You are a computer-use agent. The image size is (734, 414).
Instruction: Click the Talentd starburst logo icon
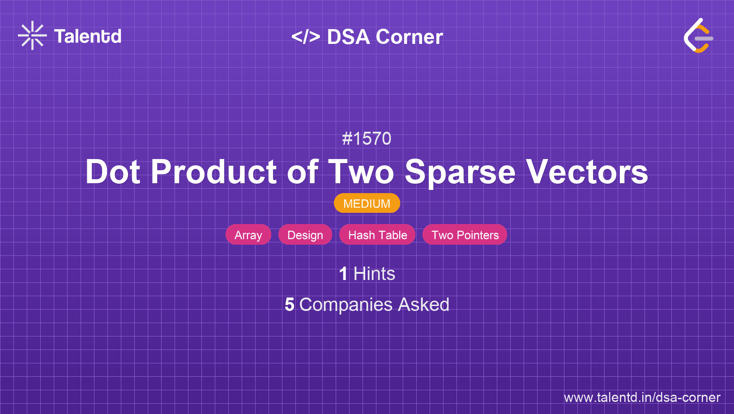coord(32,35)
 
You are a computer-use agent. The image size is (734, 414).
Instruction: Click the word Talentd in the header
coord(87,36)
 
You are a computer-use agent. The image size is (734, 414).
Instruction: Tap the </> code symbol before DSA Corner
coord(306,36)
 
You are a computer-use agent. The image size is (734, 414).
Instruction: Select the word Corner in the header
coord(409,36)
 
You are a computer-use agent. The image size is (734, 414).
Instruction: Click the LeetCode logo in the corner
coord(698,36)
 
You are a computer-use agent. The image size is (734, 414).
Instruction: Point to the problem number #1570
coord(367,138)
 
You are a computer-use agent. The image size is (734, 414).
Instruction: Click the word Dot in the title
coord(113,172)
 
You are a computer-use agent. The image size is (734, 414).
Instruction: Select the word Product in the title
coord(213,172)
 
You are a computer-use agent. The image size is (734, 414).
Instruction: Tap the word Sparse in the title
coord(460,173)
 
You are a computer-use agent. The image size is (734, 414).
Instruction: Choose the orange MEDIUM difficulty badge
coord(367,203)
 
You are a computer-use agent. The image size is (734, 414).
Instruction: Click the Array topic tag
coord(248,235)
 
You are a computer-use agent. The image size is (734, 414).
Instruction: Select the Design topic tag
coord(305,235)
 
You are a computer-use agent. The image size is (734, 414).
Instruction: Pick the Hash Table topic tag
coord(377,235)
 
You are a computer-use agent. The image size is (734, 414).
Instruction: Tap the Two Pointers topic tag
coord(465,235)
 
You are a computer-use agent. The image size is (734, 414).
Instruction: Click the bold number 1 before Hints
coord(343,274)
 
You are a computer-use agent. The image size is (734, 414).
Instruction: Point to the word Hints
coord(374,274)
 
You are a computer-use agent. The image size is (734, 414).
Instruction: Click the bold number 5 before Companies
coord(289,304)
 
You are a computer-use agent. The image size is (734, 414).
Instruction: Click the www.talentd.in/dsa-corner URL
coord(642,397)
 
